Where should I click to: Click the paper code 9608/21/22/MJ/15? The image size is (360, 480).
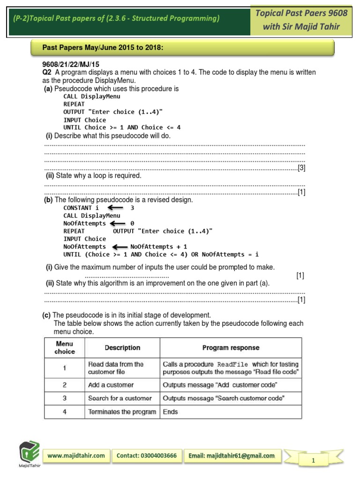(71, 64)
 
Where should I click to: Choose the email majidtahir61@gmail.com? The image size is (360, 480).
(232, 456)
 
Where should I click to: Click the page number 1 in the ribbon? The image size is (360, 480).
(313, 461)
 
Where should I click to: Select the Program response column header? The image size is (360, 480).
(231, 348)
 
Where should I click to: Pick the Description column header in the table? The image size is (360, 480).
(122, 348)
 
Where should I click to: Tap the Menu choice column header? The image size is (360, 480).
(65, 348)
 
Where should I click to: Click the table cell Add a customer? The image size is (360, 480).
(111, 385)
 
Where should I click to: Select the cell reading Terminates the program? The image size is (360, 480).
(122, 412)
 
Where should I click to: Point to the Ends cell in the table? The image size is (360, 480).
(170, 412)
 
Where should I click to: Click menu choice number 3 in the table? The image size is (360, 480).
(65, 398)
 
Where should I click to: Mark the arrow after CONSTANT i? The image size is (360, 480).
(115, 208)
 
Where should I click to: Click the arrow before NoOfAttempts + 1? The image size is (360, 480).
(120, 247)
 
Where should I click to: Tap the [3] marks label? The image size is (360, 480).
(301, 168)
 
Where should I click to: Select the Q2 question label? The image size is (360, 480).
(46, 72)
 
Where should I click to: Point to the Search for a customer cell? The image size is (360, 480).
(120, 398)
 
